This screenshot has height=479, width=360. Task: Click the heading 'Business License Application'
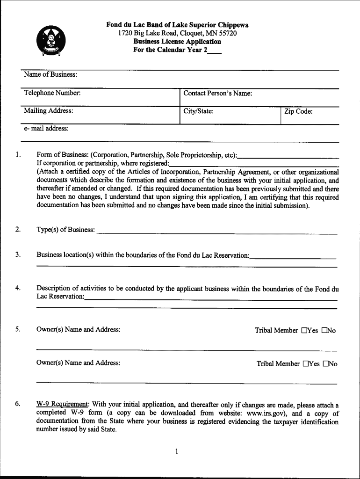(x=177, y=42)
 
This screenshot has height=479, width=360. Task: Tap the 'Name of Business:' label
(x=51, y=75)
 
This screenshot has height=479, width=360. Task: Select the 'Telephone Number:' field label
(x=52, y=93)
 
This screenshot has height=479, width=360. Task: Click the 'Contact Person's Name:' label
(x=218, y=94)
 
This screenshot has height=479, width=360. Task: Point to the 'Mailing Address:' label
(x=49, y=111)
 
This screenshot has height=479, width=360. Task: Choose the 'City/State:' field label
(x=198, y=111)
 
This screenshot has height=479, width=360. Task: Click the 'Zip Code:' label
(x=298, y=111)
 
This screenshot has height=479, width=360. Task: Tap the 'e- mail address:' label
(x=47, y=128)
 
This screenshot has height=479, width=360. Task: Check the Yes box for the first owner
(x=304, y=331)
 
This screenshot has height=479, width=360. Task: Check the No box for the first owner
(x=324, y=331)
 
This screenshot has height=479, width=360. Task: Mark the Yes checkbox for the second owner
(x=306, y=364)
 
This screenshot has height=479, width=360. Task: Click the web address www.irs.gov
(x=266, y=414)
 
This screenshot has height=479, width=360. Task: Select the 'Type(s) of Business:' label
(x=65, y=230)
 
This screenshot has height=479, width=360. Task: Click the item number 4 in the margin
(x=17, y=289)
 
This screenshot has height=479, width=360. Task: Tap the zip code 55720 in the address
(x=228, y=33)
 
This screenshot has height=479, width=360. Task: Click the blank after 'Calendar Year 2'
(x=215, y=50)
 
